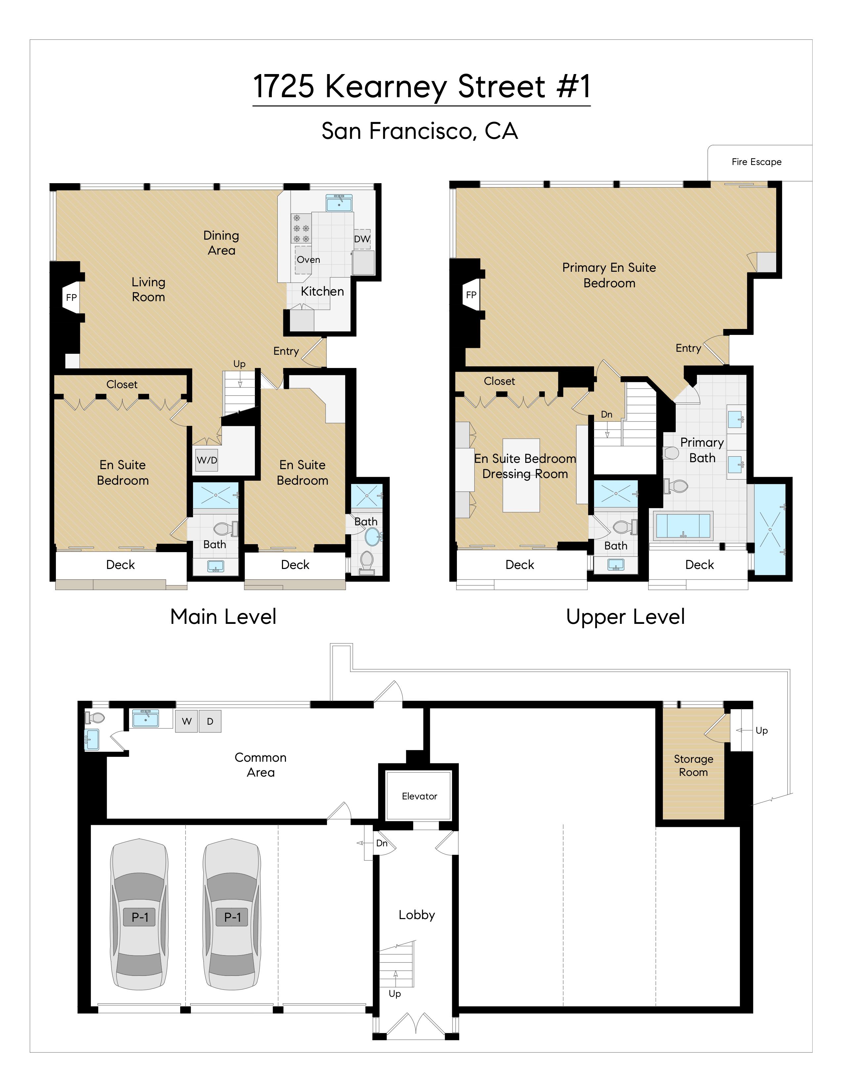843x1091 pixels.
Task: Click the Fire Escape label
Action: [756, 162]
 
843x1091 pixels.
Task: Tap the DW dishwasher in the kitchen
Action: [362, 239]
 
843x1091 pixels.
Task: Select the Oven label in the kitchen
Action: [308, 260]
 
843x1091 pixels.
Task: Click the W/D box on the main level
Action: [207, 460]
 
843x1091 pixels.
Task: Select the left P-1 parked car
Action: [139, 917]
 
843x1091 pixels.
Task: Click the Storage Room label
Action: [693, 765]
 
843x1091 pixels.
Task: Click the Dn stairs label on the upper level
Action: [606, 415]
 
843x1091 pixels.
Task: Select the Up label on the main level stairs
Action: [239, 364]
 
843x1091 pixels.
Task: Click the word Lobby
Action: [417, 915]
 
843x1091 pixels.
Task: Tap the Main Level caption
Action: [223, 617]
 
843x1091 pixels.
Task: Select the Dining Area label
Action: [221, 243]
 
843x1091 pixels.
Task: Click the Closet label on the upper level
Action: [499, 381]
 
